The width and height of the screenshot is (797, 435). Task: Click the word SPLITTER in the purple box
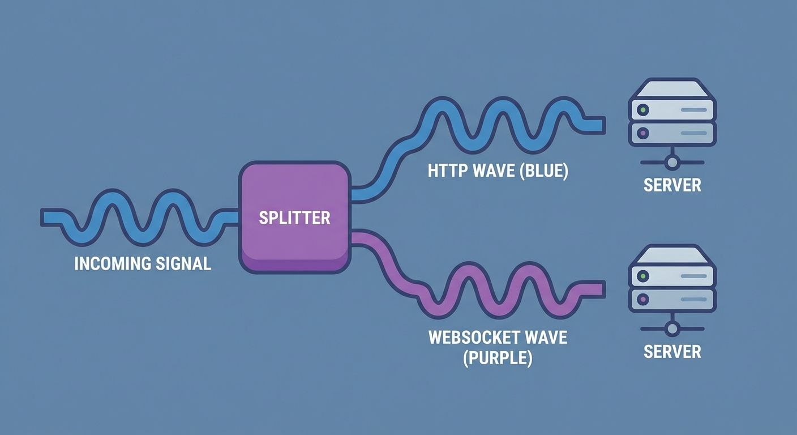click(294, 217)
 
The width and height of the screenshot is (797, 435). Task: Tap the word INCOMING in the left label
click(113, 263)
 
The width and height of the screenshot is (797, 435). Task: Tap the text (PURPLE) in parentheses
click(498, 358)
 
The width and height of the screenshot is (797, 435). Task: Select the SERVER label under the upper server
click(672, 185)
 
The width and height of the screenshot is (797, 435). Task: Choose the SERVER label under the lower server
click(672, 351)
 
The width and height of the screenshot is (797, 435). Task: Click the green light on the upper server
click(642, 109)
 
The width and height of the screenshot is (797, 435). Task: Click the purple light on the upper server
click(642, 133)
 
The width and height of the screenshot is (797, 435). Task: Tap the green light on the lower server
click(642, 276)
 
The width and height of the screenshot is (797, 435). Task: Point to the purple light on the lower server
click(642, 299)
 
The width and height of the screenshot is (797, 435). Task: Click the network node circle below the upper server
click(672, 163)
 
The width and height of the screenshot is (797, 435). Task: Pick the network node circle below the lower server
click(672, 329)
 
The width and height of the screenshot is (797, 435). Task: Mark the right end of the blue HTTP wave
click(602, 123)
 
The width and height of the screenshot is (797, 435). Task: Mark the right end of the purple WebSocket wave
click(602, 289)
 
